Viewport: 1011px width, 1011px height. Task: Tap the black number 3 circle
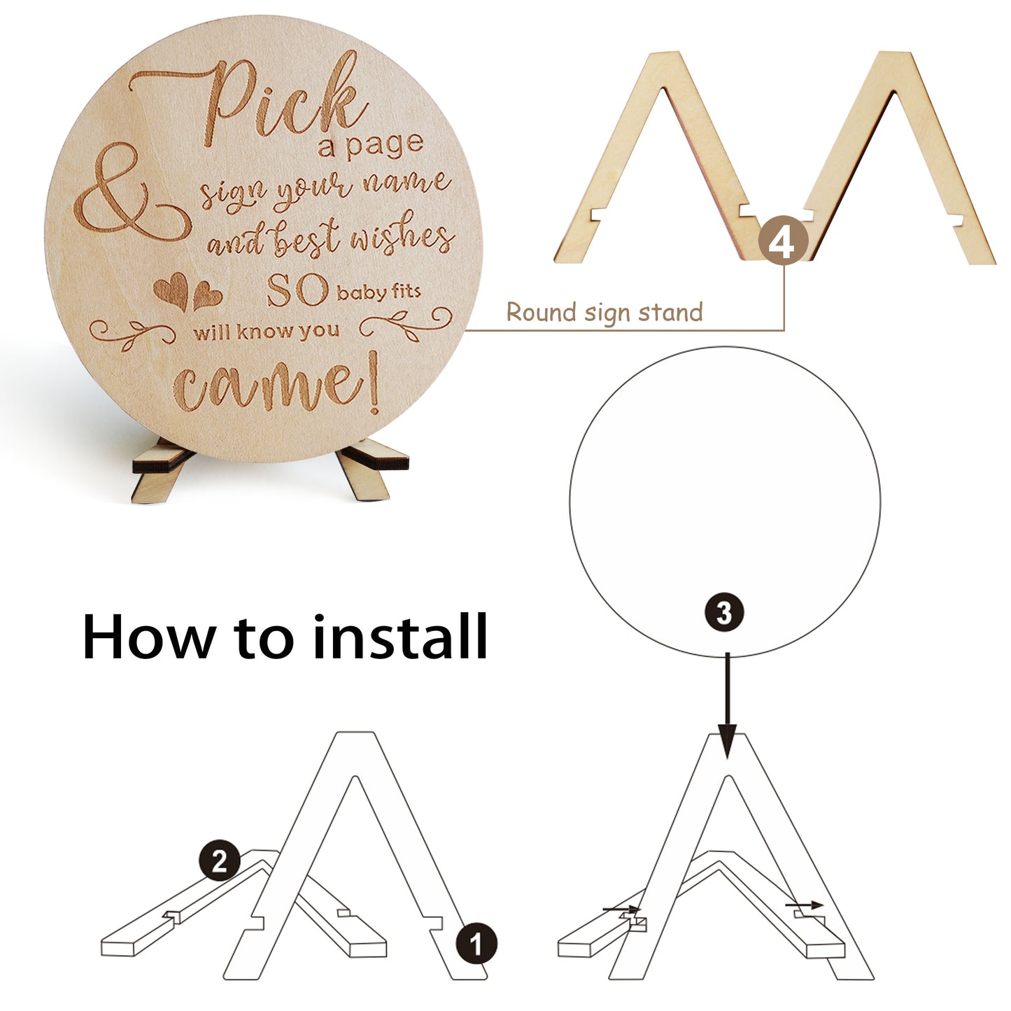(x=724, y=612)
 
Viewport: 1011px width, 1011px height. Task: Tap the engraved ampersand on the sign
(x=131, y=197)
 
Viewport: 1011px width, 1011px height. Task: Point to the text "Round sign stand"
(x=605, y=313)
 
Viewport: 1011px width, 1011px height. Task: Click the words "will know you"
(x=266, y=332)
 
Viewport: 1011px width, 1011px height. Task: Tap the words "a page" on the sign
(x=370, y=146)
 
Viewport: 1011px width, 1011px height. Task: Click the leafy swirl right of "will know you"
(x=405, y=325)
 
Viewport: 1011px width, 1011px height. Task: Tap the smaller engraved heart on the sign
(x=208, y=295)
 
